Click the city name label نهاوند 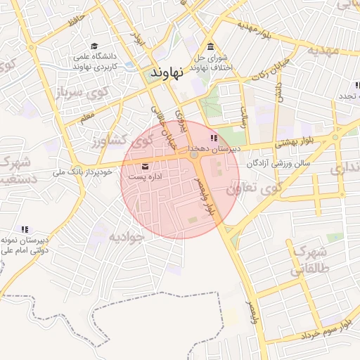167,72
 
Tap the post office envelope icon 145,167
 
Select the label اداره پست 144,176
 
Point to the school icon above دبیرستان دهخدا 214,139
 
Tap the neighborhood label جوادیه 126,237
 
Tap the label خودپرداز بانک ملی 82,171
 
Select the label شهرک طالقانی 310,260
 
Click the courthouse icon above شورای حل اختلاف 212,46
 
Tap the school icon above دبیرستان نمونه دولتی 25,229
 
